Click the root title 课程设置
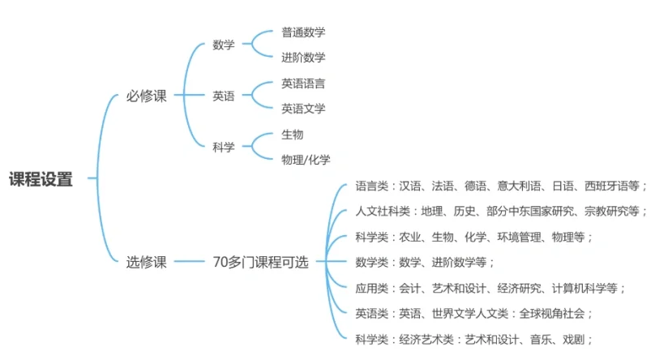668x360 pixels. [41, 179]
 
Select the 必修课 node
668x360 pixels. [146, 96]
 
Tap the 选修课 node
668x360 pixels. [146, 262]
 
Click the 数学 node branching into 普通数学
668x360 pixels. [224, 45]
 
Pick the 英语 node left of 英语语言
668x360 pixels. [224, 96]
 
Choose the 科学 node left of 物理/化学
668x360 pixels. [224, 147]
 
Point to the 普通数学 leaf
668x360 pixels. [303, 32]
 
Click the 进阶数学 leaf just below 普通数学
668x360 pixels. [303, 57]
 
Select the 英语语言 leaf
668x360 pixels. [303, 83]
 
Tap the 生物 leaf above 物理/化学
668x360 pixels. [292, 135]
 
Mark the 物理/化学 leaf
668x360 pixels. [306, 160]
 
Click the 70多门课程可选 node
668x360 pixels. [260, 262]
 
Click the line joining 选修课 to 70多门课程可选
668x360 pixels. [190, 261]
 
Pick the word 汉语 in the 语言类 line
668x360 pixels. [409, 186]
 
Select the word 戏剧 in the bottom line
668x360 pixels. [573, 339]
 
